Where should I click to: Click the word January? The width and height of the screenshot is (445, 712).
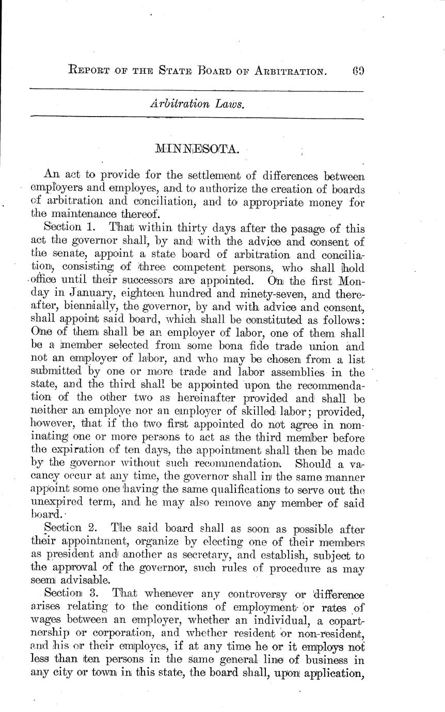(87, 295)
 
